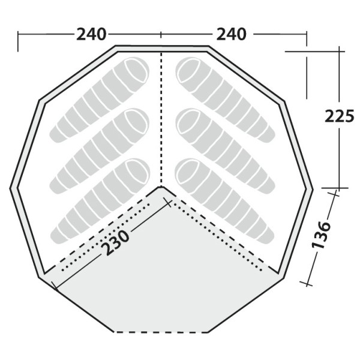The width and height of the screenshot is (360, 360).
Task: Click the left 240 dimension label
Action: [91, 34]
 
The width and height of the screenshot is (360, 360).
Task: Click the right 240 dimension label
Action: [231, 34]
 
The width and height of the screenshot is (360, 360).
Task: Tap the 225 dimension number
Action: [340, 116]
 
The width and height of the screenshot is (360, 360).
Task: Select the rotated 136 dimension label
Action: [321, 235]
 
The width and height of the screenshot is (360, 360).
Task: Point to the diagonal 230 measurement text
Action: [115, 243]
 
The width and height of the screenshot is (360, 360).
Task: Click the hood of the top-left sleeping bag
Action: [137, 70]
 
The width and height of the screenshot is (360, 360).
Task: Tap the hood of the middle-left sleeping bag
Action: [137, 121]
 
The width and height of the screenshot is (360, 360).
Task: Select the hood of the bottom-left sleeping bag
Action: [137, 171]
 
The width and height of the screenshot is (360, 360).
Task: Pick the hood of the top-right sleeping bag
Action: [188, 70]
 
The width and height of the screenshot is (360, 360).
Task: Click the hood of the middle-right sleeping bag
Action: [188, 121]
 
